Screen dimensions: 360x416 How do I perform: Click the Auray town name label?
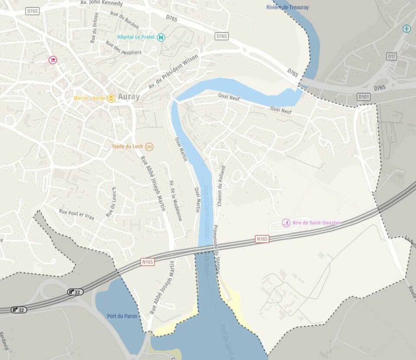point(129,97)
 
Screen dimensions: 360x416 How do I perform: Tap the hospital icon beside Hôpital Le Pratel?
point(161,37)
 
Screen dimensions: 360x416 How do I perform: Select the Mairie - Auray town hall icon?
point(111,98)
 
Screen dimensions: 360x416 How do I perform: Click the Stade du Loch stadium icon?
point(149,147)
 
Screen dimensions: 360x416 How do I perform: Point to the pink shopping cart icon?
point(52,60)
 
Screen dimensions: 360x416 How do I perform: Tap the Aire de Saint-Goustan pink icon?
point(286,223)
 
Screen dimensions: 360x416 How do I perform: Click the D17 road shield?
point(392,56)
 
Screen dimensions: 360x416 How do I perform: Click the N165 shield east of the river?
point(262,239)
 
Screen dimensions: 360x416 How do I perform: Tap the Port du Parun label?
point(122,316)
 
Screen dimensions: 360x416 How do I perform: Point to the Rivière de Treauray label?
point(287,7)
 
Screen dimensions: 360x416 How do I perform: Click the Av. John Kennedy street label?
point(101,3)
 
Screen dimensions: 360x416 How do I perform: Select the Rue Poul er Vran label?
point(77,214)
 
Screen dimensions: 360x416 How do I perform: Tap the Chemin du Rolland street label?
point(221,186)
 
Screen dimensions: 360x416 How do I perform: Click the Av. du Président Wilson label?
point(173,72)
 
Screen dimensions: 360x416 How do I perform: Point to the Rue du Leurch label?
point(111,203)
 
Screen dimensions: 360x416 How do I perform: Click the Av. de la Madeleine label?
point(176,200)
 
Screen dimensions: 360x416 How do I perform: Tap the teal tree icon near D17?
point(406,29)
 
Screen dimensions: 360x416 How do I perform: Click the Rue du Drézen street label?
point(94,27)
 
